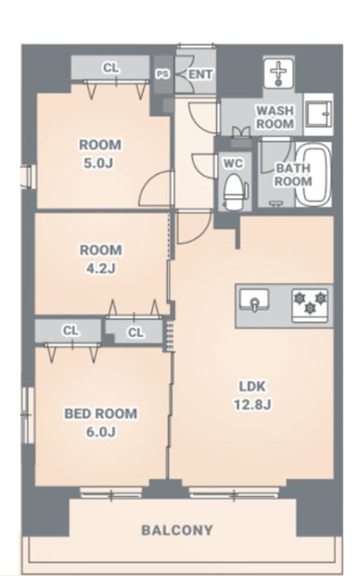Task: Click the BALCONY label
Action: pos(177,530)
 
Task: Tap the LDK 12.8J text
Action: pos(253,395)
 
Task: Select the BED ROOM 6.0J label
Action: pos(101,423)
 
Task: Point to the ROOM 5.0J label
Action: pos(100,153)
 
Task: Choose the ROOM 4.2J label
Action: pos(101,259)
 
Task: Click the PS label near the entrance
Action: pos(163,74)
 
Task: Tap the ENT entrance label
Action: pos(200,75)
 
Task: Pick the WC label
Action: pos(233,163)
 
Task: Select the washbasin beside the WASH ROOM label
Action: pos(318,114)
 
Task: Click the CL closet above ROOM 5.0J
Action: pos(110,68)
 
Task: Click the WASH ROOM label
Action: pos(275,117)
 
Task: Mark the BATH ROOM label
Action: pos(293,175)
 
